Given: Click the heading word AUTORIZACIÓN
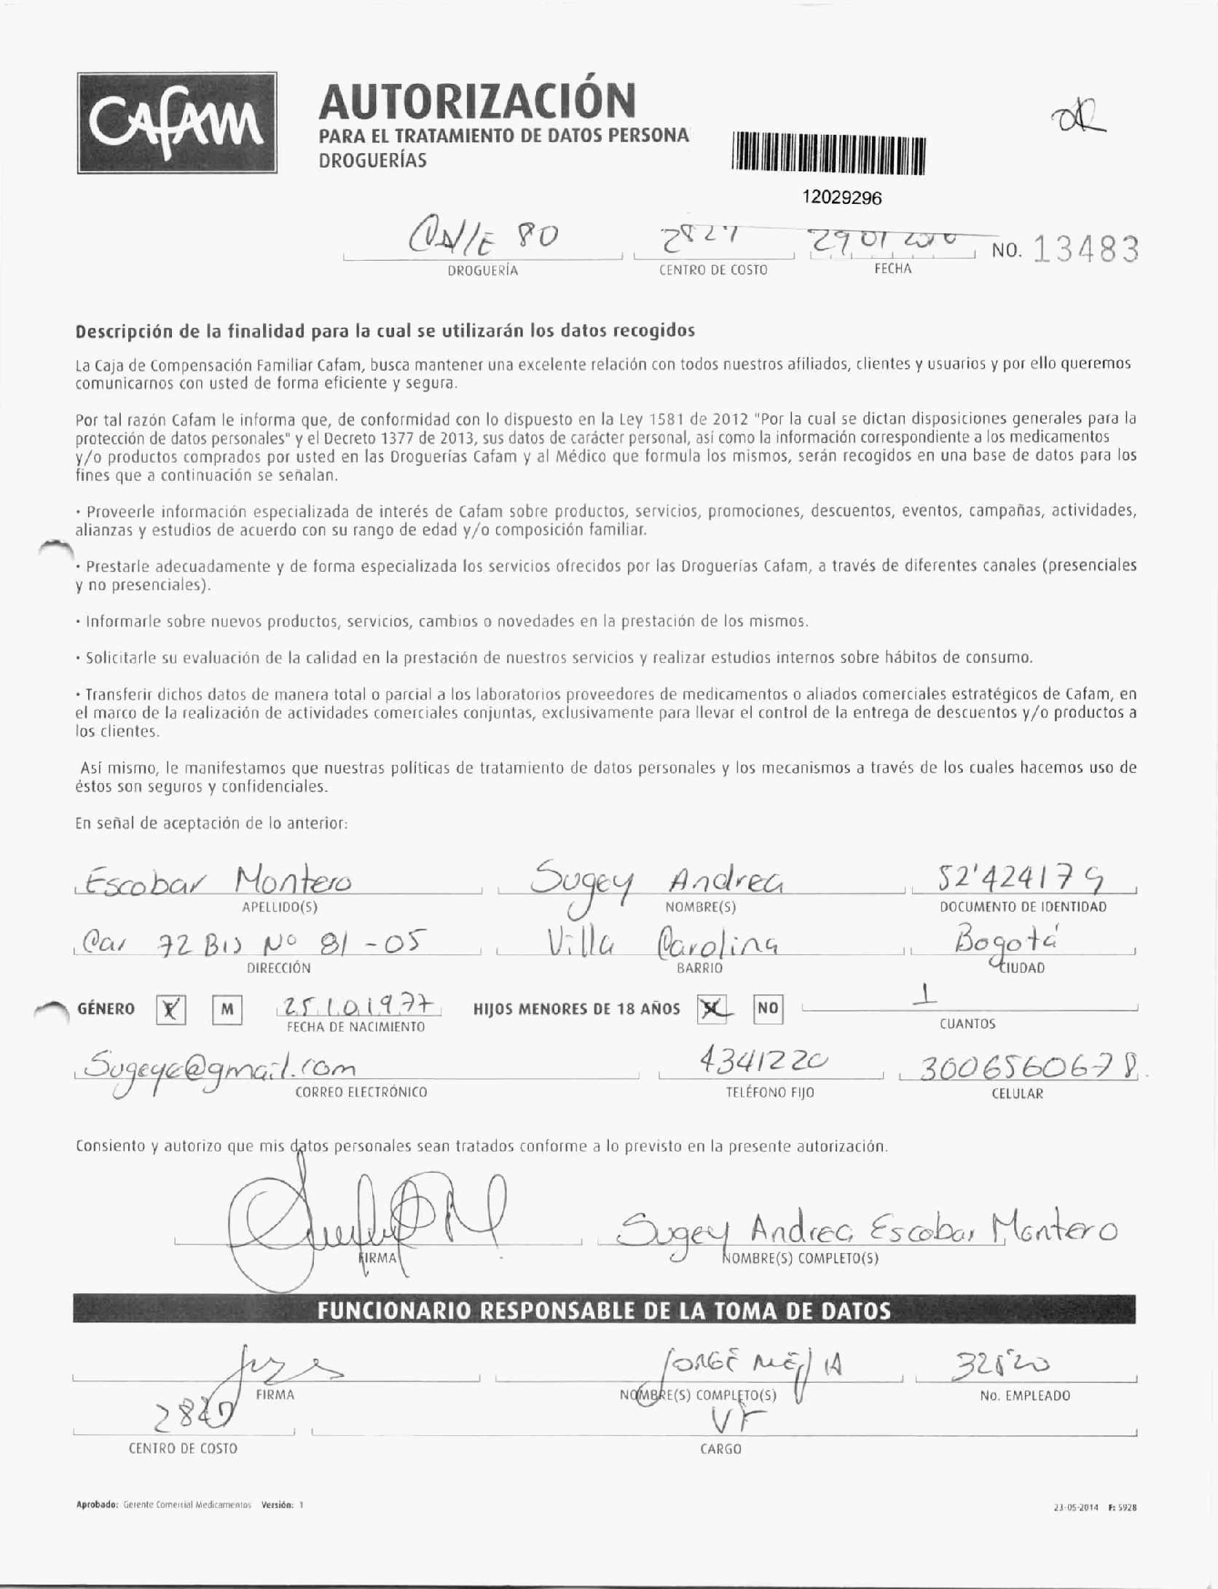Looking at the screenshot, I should tap(477, 101).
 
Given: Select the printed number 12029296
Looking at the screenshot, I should tap(841, 197).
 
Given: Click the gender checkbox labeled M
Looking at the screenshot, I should tap(227, 1009).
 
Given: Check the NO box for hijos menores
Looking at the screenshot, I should tap(767, 1008).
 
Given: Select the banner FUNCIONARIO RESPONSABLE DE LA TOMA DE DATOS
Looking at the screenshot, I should tap(604, 1311).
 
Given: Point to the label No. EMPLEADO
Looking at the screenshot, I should tap(1024, 1396).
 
